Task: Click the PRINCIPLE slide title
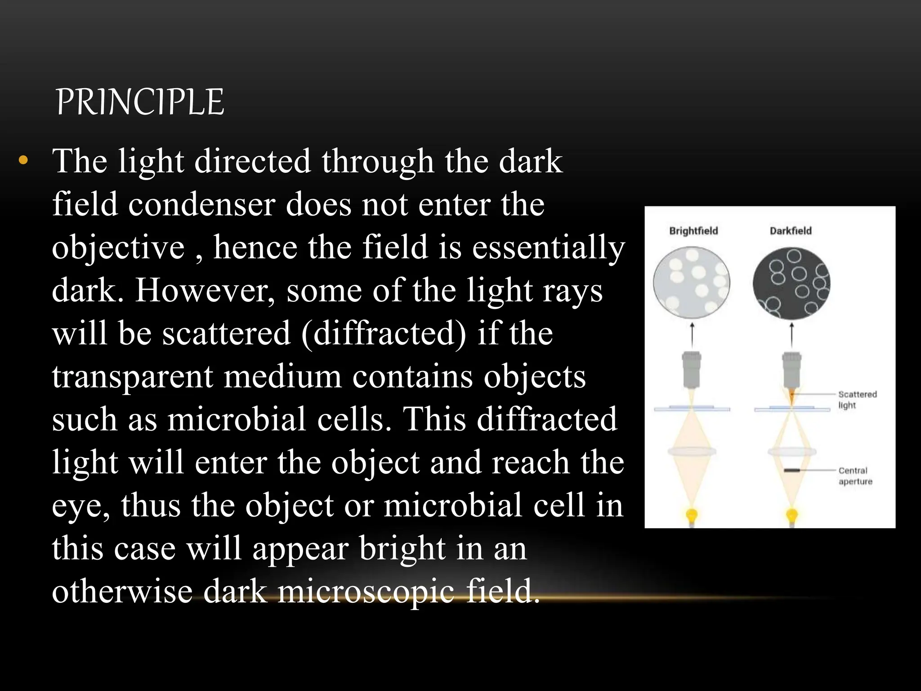pyautogui.click(x=140, y=102)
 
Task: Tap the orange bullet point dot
pyautogui.click(x=23, y=160)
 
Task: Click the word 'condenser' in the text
pyautogui.click(x=201, y=204)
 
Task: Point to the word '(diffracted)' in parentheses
pyautogui.click(x=384, y=333)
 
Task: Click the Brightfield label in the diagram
pyautogui.click(x=693, y=231)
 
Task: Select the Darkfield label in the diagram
pyautogui.click(x=791, y=231)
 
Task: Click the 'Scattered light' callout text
pyautogui.click(x=857, y=399)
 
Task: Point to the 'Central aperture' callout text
pyautogui.click(x=855, y=476)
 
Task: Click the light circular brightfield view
pyautogui.click(x=692, y=283)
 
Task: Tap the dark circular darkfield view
pyautogui.click(x=791, y=283)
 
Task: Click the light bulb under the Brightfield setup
pyautogui.click(x=692, y=515)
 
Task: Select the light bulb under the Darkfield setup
pyautogui.click(x=791, y=515)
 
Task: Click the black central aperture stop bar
pyautogui.click(x=791, y=471)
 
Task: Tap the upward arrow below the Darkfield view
pyautogui.click(x=791, y=335)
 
